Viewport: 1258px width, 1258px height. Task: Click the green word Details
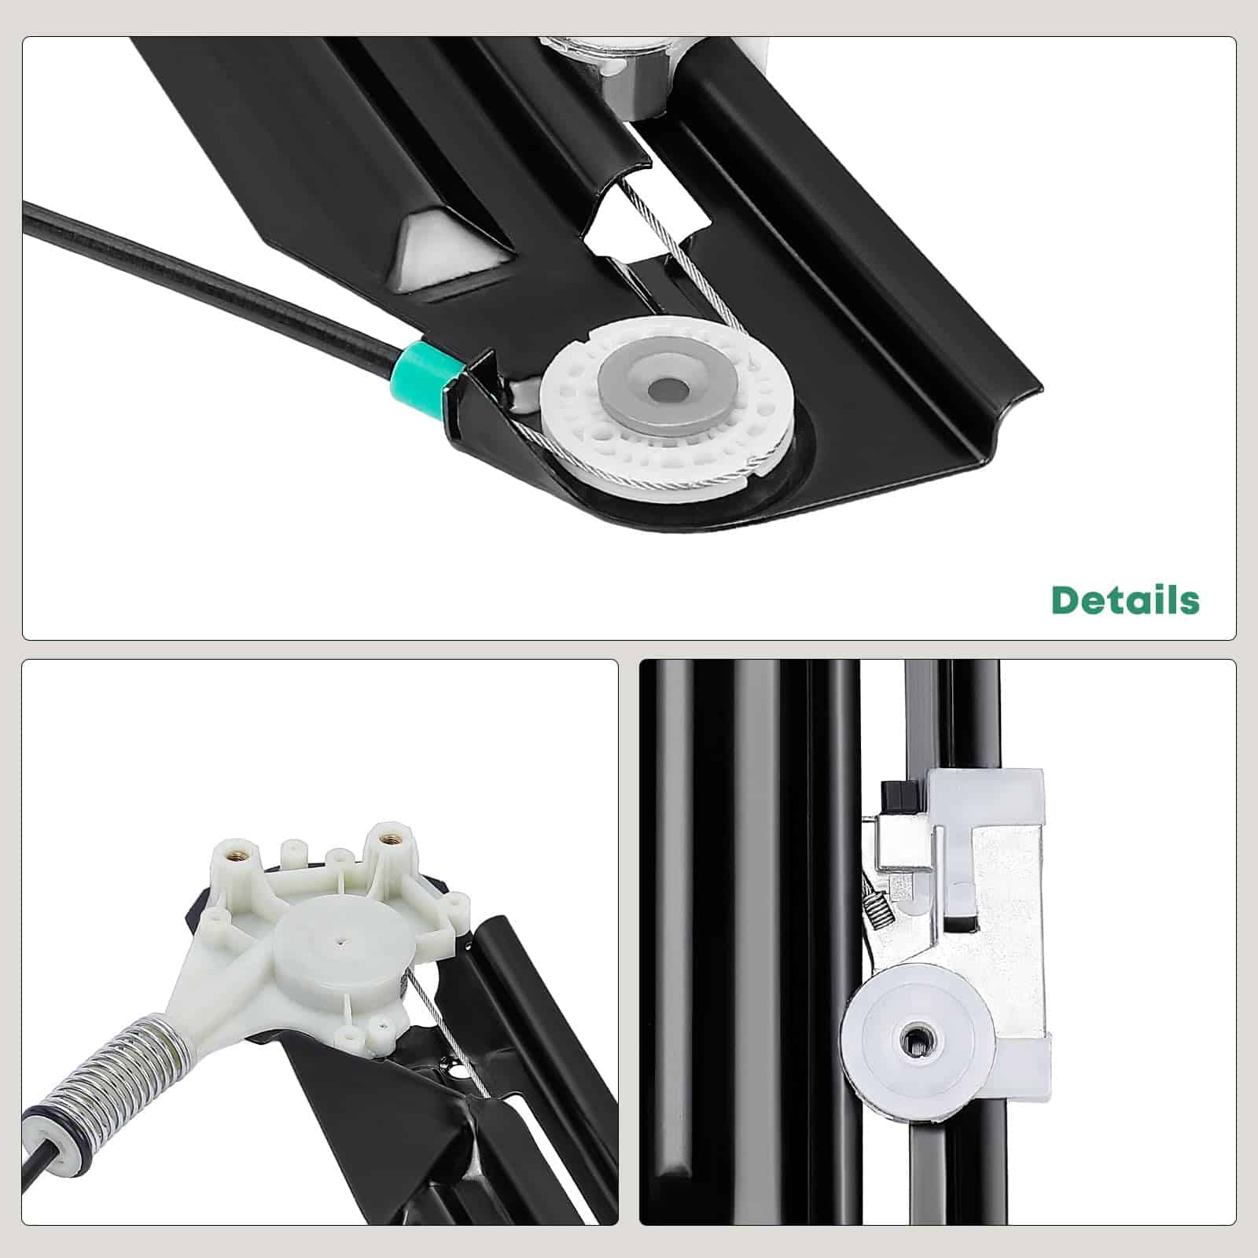click(1125, 600)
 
